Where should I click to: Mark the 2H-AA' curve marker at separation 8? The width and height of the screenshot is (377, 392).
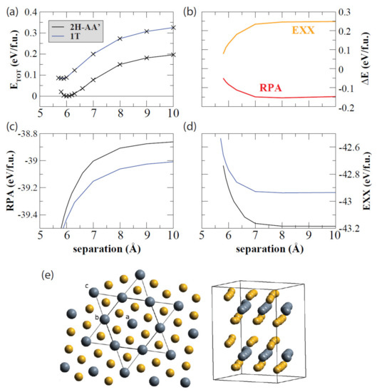[x=120, y=64]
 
